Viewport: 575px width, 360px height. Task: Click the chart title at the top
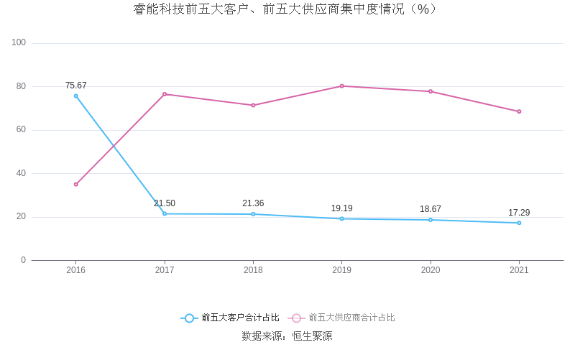[286, 9]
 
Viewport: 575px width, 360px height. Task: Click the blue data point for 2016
[76, 96]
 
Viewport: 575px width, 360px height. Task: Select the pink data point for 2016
[76, 185]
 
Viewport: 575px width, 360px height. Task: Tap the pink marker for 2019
[342, 86]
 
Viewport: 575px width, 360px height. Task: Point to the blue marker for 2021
[519, 223]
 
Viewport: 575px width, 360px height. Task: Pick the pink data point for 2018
[253, 106]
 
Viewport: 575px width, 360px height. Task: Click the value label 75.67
[76, 86]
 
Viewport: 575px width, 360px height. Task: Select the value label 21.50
[165, 203]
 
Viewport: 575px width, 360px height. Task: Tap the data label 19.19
[342, 208]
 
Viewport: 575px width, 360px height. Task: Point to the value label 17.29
[519, 213]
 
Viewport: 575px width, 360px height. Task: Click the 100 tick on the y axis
[19, 43]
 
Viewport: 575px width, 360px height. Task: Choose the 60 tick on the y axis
[21, 130]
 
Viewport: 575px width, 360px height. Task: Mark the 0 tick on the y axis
[23, 260]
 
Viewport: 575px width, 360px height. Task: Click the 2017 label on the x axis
[165, 270]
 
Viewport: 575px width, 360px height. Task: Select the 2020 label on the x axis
[431, 270]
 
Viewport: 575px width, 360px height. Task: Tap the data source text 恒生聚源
[312, 336]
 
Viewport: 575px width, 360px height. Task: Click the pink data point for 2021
[519, 111]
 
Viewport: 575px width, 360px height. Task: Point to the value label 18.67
[431, 209]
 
